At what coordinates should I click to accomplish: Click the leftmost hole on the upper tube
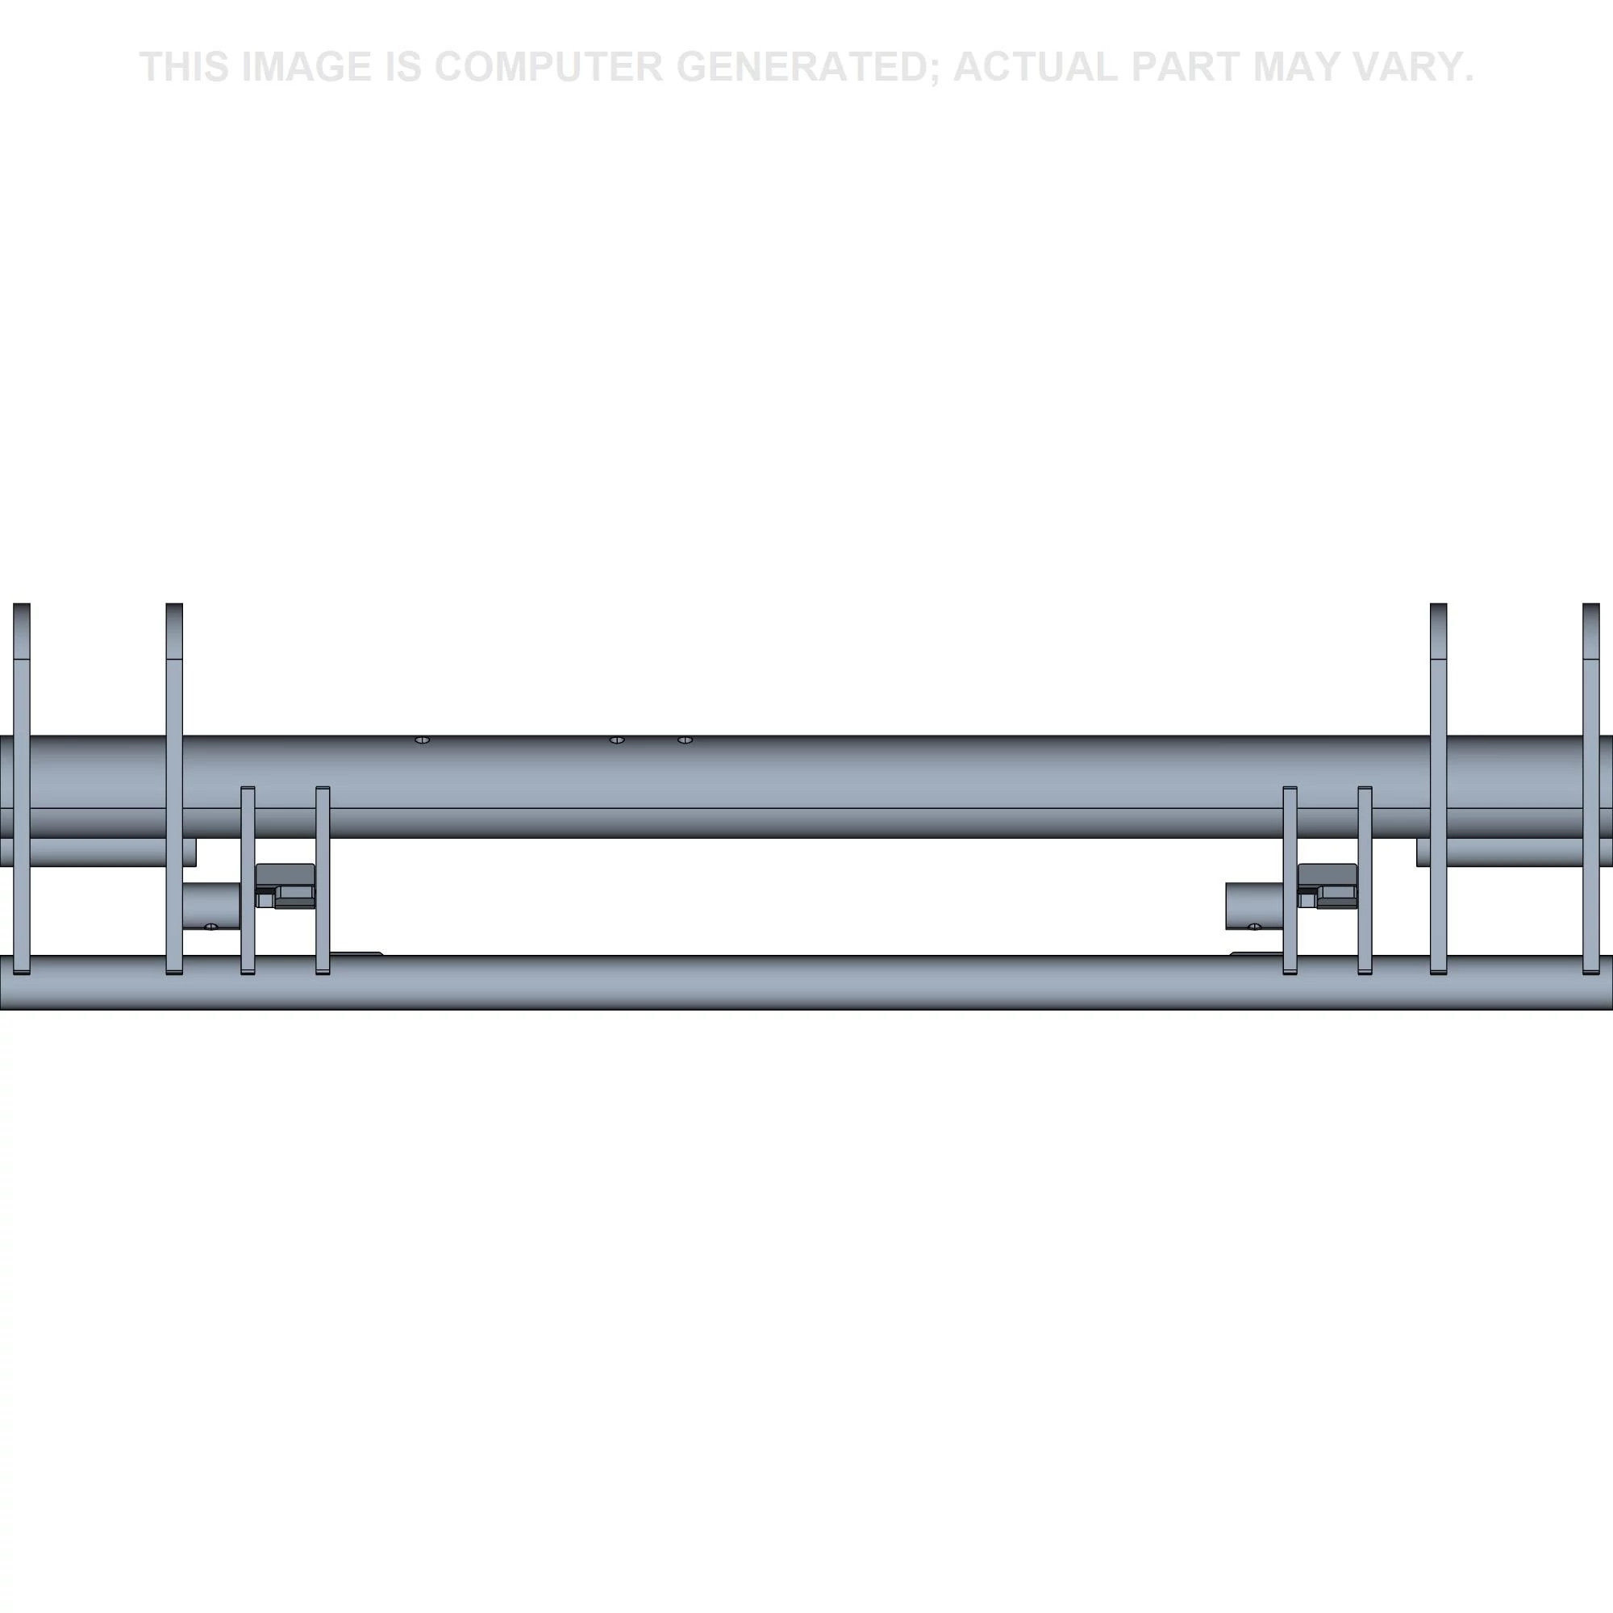point(423,740)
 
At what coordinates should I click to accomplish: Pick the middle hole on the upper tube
point(617,740)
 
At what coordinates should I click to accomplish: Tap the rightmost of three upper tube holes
point(685,740)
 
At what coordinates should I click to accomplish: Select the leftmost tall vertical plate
point(22,788)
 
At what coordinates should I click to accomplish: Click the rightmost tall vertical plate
point(1591,788)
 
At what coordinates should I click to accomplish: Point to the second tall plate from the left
point(174,788)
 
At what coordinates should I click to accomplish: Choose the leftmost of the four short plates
point(248,880)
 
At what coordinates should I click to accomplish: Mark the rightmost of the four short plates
point(1365,880)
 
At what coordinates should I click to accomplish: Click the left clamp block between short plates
point(286,885)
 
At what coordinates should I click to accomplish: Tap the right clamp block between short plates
point(1327,885)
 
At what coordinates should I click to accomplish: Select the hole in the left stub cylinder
point(211,927)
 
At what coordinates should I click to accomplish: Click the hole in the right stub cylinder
point(1254,927)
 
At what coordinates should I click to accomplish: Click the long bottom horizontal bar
point(806,982)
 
